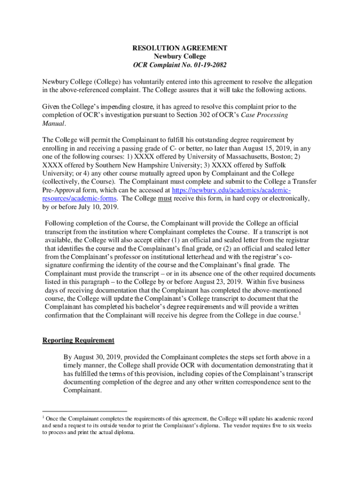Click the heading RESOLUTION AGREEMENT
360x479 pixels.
tap(180, 48)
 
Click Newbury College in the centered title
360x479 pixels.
tap(180, 57)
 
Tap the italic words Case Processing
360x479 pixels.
tap(265, 115)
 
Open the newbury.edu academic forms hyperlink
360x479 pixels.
tap(231, 190)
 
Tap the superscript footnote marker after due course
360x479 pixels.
tap(300, 313)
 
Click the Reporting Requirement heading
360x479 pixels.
tap(78, 340)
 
